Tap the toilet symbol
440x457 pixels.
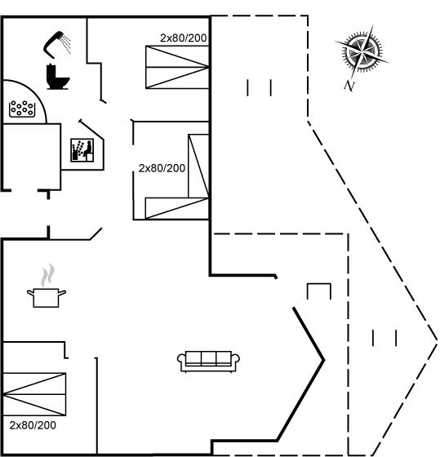pos(57,77)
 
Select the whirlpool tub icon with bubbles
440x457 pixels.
pos(22,109)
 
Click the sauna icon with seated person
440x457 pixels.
pos(82,150)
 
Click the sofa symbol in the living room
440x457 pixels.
pos(208,362)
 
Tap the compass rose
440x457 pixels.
pos(362,52)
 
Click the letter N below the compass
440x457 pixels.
pos(349,86)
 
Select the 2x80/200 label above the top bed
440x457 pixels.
pos(184,38)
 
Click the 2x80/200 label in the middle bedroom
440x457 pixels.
pos(162,168)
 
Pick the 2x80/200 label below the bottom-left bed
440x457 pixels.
pos(33,425)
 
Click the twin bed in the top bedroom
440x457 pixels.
pos(177,67)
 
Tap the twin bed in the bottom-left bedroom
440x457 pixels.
pos(34,394)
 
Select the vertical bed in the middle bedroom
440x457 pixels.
pos(198,166)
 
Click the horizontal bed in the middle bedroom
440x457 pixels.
pos(177,208)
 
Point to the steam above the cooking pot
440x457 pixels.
pos(47,275)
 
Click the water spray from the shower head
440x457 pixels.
pos(67,45)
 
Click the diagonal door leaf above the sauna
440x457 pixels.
pos(91,130)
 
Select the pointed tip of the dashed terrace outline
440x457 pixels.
pos(437,339)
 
